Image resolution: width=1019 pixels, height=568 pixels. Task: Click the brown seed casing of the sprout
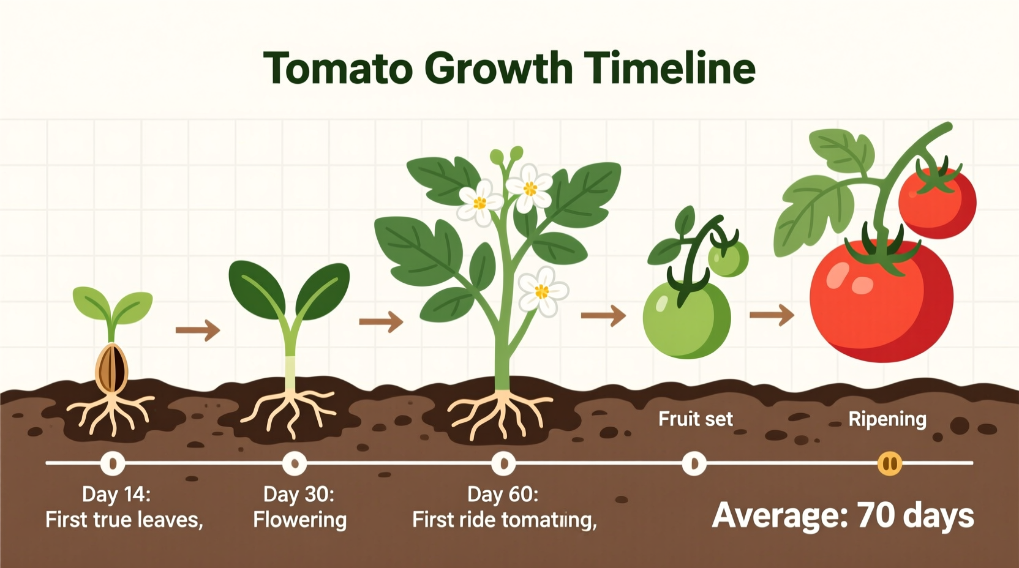point(111,369)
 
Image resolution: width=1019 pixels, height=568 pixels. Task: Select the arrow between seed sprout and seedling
point(198,331)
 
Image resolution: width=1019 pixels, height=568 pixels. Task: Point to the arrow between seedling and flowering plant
point(381,321)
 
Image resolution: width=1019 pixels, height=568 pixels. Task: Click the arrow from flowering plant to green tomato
point(603,316)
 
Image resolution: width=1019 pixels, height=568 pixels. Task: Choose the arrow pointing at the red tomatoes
point(772,315)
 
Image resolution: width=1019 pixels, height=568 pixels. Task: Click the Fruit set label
point(695,419)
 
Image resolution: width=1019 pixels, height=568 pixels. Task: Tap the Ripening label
point(887,419)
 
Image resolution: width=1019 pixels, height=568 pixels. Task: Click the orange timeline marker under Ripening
point(890,463)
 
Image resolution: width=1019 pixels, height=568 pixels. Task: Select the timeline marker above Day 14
point(113,463)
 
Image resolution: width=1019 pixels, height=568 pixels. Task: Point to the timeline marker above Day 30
point(295,463)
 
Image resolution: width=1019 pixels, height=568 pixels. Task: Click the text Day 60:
point(503,494)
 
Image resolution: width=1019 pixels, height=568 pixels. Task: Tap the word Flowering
point(300,520)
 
